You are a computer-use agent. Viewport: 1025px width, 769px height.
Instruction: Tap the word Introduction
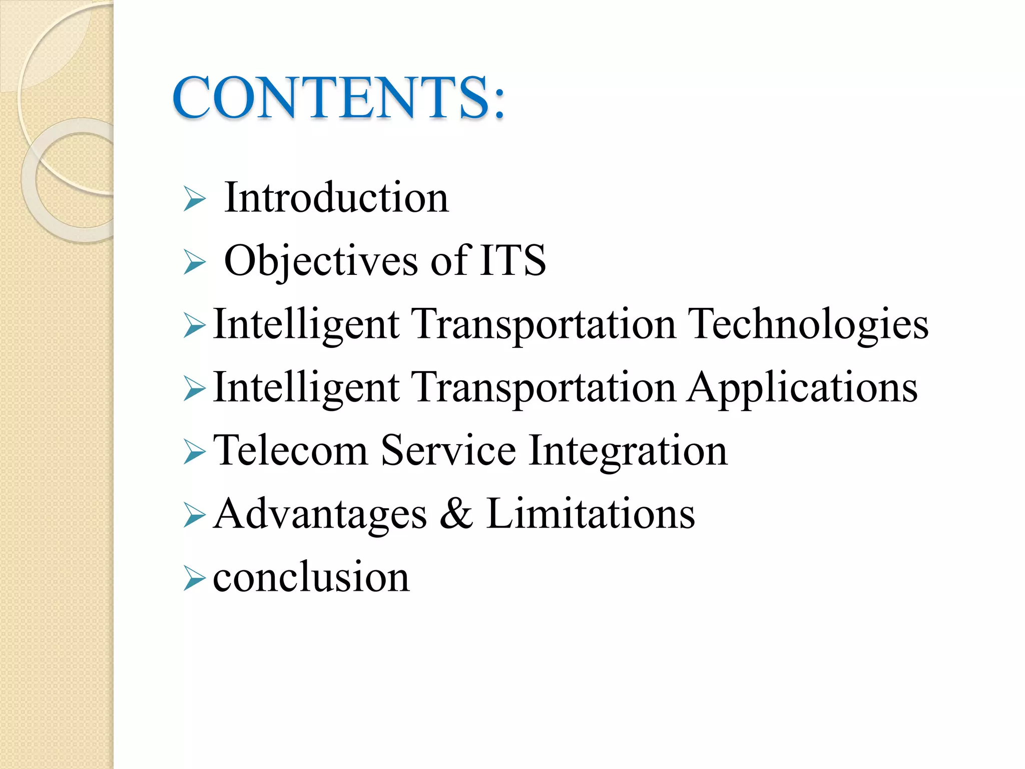tap(336, 198)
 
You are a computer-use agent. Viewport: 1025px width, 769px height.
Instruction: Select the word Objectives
tap(321, 261)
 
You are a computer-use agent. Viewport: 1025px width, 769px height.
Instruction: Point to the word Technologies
tap(808, 324)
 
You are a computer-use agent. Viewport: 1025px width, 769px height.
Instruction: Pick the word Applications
tap(802, 388)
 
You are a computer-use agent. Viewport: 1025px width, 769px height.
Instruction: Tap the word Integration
tap(628, 451)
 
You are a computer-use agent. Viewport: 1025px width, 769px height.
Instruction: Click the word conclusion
tap(311, 577)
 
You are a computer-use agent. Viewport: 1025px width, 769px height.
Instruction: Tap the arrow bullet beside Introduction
tap(194, 199)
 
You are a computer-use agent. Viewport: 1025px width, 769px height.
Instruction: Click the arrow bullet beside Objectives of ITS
tap(194, 262)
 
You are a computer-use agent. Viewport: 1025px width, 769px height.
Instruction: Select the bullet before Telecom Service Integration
tap(194, 452)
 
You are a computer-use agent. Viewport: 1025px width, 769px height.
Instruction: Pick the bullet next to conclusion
tap(194, 579)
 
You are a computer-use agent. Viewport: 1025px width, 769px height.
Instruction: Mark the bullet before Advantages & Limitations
tap(194, 516)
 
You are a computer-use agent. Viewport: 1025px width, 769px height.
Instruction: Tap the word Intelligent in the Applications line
tap(306, 389)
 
